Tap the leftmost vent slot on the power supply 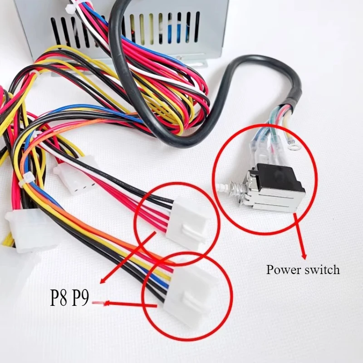click(x=55, y=30)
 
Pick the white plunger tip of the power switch click(x=221, y=186)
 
